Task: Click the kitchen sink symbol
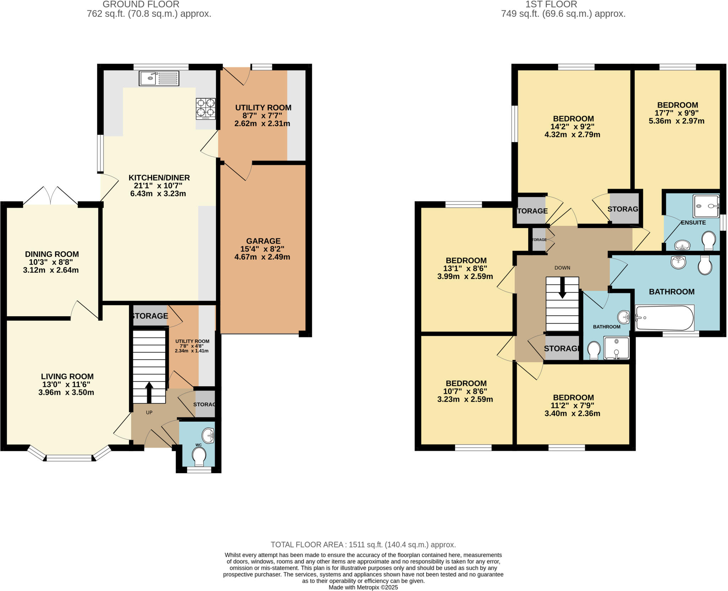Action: coord(159,78)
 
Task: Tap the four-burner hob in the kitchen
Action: coord(206,109)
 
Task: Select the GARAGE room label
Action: coord(263,241)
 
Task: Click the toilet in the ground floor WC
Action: coord(199,456)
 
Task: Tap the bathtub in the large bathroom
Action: coord(664,318)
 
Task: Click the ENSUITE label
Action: coord(693,223)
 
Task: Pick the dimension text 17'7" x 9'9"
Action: coord(677,113)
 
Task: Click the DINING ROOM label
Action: coord(52,254)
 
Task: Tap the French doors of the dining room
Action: coord(50,196)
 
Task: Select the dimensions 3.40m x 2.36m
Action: coord(572,413)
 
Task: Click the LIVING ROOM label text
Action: coord(67,376)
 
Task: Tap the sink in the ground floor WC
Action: coord(208,436)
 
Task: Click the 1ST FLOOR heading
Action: coord(551,4)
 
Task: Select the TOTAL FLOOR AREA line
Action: coord(363,545)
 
